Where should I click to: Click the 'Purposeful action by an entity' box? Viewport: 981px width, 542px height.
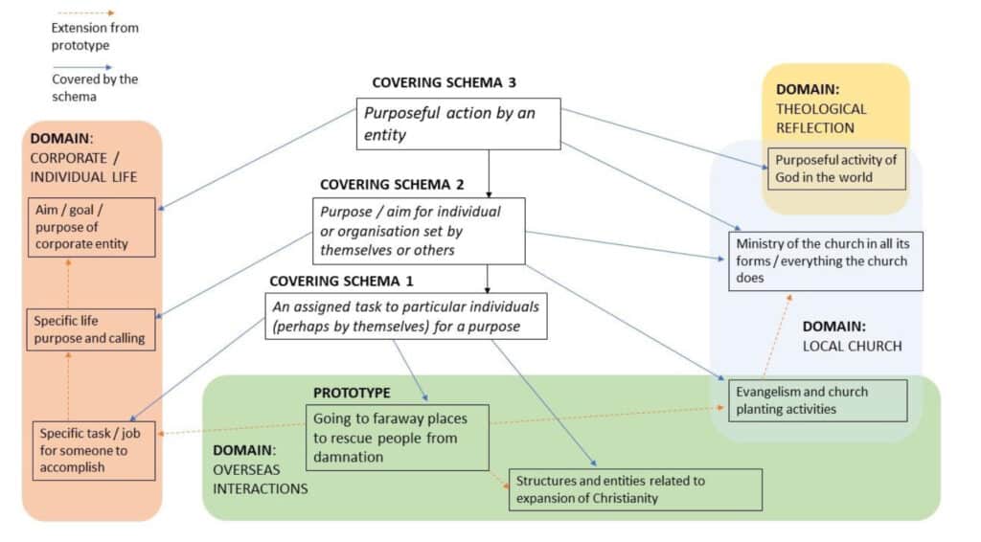[x=458, y=124]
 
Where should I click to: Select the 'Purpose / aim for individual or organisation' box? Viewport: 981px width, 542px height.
[x=420, y=230]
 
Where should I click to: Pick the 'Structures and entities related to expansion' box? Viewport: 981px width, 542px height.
[x=635, y=489]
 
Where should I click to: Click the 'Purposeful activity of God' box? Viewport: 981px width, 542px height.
[x=837, y=169]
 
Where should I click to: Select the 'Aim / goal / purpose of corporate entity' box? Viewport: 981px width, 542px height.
[x=91, y=226]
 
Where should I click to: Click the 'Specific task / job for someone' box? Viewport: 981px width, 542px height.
[x=93, y=451]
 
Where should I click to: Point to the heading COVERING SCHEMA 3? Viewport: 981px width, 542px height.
[x=438, y=83]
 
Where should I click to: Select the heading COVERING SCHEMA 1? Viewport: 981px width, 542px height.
[x=335, y=281]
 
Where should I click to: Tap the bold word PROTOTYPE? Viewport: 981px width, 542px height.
[x=352, y=393]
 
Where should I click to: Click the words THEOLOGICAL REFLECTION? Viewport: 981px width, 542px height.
[x=821, y=118]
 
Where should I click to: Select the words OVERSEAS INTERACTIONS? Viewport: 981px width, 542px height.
[x=261, y=479]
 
